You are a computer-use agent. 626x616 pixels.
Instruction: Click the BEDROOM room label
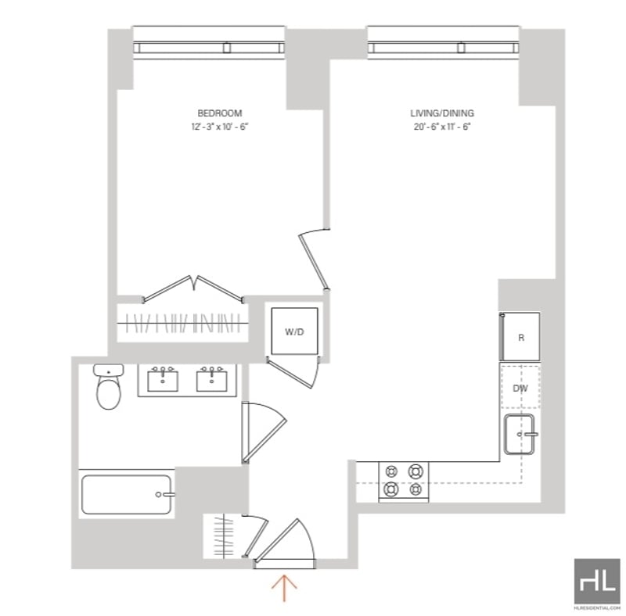click(220, 113)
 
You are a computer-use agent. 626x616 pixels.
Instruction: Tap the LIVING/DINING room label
click(442, 113)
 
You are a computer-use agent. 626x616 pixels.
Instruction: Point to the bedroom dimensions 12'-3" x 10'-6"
click(220, 127)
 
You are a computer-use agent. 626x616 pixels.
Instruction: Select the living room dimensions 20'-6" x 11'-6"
click(442, 127)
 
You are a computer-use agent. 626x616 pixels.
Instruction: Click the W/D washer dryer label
click(294, 331)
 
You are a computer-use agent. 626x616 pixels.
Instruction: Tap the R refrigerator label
click(521, 338)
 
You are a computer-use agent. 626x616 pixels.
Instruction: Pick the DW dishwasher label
click(520, 388)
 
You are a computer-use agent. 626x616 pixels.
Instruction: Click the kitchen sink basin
click(519, 434)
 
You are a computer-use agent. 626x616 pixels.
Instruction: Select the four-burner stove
click(404, 482)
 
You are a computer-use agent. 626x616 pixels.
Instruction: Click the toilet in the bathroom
click(109, 386)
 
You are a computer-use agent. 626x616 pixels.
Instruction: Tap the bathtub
click(127, 494)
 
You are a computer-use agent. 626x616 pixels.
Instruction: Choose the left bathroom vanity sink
click(163, 380)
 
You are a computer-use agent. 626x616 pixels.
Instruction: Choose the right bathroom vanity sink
click(211, 380)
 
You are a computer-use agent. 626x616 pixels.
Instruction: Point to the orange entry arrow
click(284, 587)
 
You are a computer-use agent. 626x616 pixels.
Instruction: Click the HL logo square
click(597, 582)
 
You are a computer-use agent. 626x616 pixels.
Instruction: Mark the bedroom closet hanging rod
click(182, 323)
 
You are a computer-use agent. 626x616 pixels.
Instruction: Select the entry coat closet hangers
click(224, 536)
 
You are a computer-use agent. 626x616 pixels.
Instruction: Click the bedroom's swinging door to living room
click(315, 260)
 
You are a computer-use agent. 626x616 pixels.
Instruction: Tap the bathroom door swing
click(264, 432)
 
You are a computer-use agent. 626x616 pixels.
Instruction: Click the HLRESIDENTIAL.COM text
click(597, 608)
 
